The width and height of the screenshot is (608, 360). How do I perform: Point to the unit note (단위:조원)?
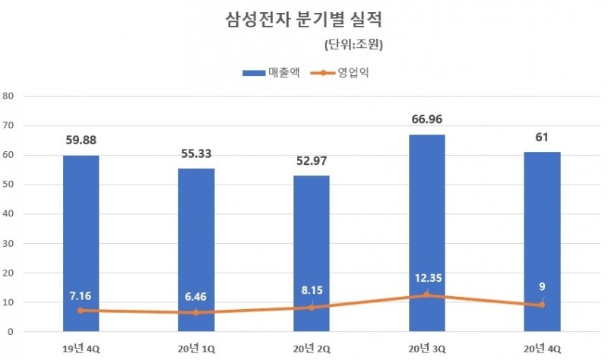[x=353, y=44]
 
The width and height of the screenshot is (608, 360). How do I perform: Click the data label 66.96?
[x=426, y=119]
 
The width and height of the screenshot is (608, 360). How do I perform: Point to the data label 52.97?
[x=311, y=160]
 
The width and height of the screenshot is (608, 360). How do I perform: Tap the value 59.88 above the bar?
[x=81, y=140]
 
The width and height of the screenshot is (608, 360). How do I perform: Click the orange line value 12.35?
[x=426, y=277]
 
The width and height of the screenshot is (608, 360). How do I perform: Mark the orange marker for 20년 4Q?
[x=542, y=305]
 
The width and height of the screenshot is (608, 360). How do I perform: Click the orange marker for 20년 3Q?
[x=426, y=295]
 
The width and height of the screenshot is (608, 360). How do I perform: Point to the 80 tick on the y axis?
[x=9, y=96]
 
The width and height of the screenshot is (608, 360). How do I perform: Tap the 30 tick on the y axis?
[x=9, y=243]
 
